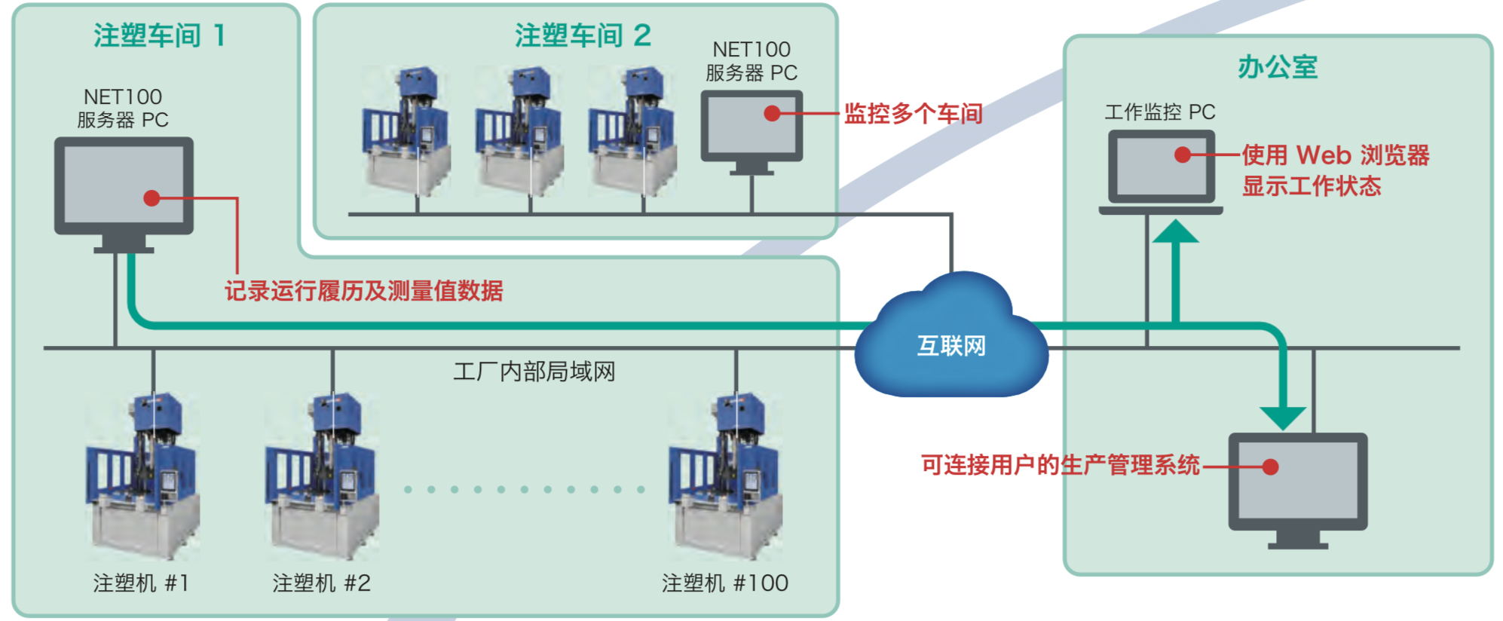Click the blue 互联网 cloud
951,339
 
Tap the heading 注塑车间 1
159,35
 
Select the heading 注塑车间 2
583,35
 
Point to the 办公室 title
1277,68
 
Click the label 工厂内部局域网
534,372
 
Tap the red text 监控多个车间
913,114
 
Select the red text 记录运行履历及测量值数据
363,291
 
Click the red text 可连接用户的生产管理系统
1060,465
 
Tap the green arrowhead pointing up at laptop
1175,232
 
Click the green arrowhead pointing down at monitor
1283,417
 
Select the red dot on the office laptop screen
1183,155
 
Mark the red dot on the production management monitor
1270,467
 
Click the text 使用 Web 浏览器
1335,155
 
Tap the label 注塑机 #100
724,583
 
